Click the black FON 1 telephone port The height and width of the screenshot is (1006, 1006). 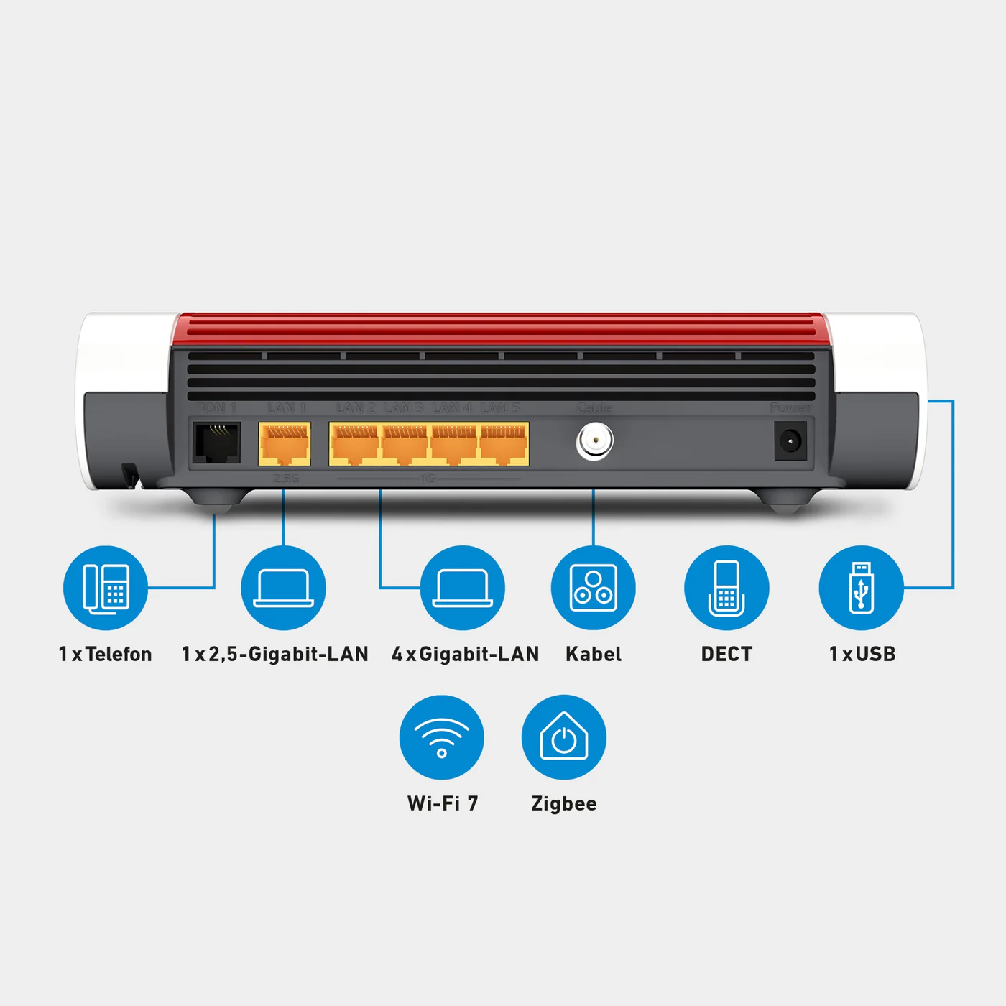[216, 443]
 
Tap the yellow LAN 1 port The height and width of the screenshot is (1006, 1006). [285, 444]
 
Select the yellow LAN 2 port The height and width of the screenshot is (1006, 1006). [354, 444]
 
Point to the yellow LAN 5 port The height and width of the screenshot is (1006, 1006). [504, 444]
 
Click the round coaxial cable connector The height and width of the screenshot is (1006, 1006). [594, 442]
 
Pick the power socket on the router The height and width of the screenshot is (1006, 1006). [790, 440]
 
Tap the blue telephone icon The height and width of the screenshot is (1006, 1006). [106, 588]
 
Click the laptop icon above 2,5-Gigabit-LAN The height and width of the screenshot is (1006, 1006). [283, 588]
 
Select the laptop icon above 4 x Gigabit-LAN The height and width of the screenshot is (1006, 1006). [463, 588]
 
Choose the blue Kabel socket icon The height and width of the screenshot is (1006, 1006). [594, 588]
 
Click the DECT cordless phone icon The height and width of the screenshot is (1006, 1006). [726, 588]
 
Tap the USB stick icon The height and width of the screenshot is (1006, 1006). [862, 588]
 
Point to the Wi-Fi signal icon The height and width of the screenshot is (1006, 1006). [442, 737]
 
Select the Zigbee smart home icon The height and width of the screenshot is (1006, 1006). [564, 737]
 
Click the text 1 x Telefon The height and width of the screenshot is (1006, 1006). [106, 654]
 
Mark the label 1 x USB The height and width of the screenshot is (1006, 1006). [862, 654]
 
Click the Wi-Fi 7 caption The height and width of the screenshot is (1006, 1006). [443, 803]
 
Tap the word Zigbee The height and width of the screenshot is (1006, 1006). [564, 803]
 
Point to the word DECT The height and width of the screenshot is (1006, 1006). [726, 654]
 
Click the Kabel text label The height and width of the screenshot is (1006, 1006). [594, 654]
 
